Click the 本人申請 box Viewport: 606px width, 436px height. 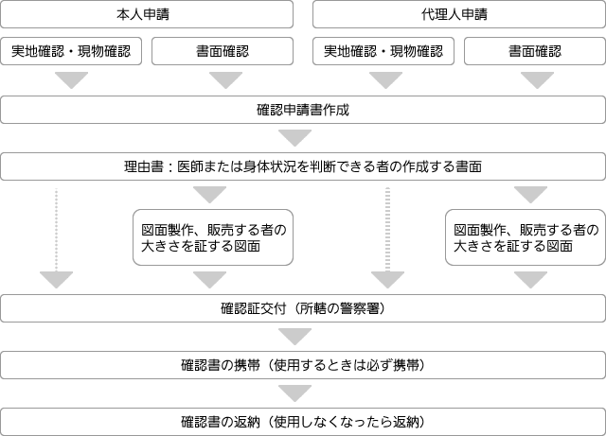(x=147, y=14)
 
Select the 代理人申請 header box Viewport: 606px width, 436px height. (x=459, y=14)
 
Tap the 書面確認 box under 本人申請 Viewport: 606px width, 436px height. (x=223, y=51)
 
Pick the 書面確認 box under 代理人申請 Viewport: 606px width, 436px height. (x=535, y=51)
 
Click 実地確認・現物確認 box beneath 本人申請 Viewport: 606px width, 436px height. (x=71, y=51)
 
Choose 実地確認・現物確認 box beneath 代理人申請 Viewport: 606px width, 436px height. (x=383, y=51)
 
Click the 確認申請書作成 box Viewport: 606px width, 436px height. (x=303, y=110)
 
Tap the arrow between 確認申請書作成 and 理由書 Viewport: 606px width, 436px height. (x=294, y=138)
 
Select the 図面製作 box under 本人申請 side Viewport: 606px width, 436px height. (x=213, y=237)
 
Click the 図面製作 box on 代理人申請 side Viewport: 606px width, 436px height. (x=526, y=237)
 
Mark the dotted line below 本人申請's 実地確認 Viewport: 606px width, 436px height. (x=57, y=230)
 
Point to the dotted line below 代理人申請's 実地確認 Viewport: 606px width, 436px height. (x=387, y=230)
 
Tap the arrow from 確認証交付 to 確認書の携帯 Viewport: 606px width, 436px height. (x=294, y=337)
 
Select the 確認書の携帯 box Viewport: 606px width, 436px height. (x=303, y=365)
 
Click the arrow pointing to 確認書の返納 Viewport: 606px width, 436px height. (x=294, y=393)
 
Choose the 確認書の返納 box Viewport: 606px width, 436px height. (x=303, y=422)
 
